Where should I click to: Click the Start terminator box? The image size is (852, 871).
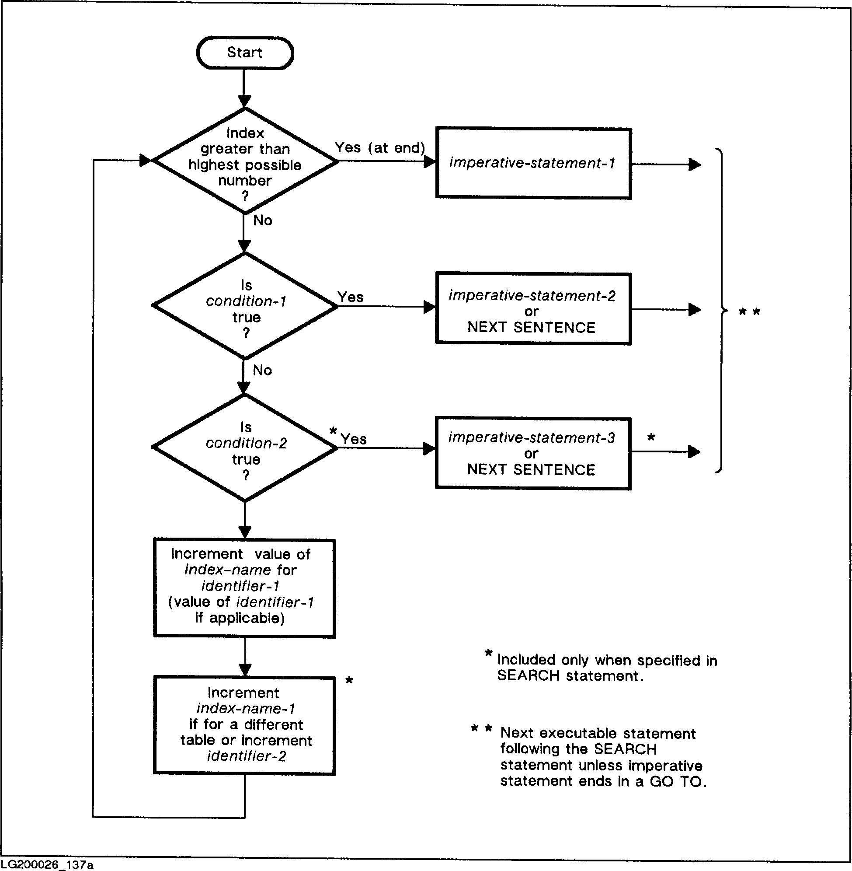245,53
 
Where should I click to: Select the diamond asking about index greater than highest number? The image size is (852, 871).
245,161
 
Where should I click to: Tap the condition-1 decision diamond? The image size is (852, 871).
245,307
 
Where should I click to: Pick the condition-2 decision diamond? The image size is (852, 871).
245,448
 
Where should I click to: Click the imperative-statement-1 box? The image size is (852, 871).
533,164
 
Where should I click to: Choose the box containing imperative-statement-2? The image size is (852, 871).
533,309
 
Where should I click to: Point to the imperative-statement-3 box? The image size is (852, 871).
533,453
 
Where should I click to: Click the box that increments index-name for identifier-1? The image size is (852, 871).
244,588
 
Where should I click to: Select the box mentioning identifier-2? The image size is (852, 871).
244,726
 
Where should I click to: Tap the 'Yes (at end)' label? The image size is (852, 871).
379,148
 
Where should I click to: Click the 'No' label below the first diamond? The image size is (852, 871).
263,220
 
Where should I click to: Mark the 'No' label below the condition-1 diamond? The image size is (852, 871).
262,370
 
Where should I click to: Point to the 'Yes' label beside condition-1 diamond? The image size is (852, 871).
351,297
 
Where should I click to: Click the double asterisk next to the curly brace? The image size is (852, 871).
749,312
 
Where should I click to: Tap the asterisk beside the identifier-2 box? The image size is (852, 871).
349,681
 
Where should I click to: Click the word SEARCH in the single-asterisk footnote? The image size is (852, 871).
528,676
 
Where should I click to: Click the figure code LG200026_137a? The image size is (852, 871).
47,865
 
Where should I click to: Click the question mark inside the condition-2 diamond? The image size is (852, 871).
246,475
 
